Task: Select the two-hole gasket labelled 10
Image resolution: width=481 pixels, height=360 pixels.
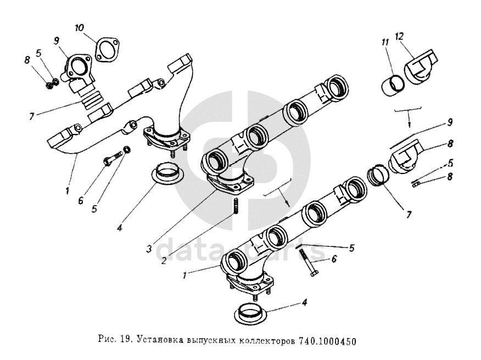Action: pyautogui.click(x=106, y=48)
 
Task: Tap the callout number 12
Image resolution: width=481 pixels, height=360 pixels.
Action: pyautogui.click(x=399, y=36)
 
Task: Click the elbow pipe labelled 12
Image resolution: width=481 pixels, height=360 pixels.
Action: pyautogui.click(x=421, y=67)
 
